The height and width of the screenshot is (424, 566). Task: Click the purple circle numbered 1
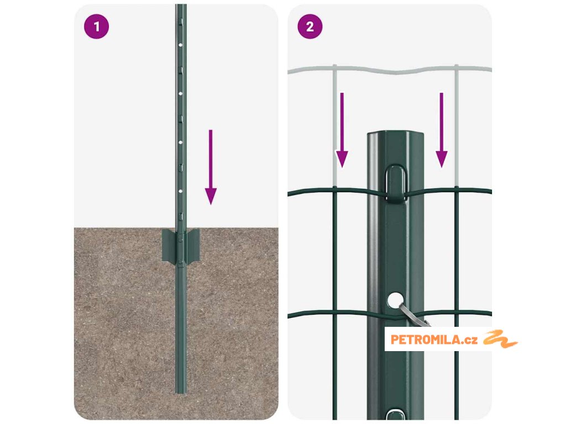pyautogui.click(x=96, y=26)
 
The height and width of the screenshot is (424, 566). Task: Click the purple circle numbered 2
pyautogui.click(x=310, y=26)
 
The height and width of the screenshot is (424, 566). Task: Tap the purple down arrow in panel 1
pyautogui.click(x=211, y=167)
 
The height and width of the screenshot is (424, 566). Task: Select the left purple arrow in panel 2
pyautogui.click(x=342, y=130)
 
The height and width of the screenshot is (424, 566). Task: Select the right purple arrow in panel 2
pyautogui.click(x=442, y=130)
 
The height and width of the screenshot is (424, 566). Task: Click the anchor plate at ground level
pyautogui.click(x=181, y=246)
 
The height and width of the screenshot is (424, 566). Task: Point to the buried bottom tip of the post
pyautogui.click(x=181, y=392)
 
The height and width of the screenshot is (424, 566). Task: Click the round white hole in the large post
pyautogui.click(x=396, y=300)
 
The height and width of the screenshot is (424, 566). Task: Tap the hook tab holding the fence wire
pyautogui.click(x=396, y=182)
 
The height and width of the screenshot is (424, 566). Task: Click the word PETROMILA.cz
pyautogui.click(x=434, y=340)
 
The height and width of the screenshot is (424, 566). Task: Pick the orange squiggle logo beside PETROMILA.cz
pyautogui.click(x=500, y=339)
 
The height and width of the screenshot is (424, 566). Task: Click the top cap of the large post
pyautogui.click(x=396, y=134)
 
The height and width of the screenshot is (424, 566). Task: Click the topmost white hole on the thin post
pyautogui.click(x=181, y=45)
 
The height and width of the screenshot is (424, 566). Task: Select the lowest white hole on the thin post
pyautogui.click(x=181, y=191)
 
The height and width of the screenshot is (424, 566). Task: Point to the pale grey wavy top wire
pyautogui.click(x=390, y=70)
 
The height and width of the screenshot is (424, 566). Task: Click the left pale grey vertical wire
pyautogui.click(x=335, y=126)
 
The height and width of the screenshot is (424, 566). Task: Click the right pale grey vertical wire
pyautogui.click(x=457, y=126)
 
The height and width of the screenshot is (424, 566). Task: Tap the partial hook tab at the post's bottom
pyautogui.click(x=396, y=414)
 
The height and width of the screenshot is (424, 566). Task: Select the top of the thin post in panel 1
pyautogui.click(x=181, y=6)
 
